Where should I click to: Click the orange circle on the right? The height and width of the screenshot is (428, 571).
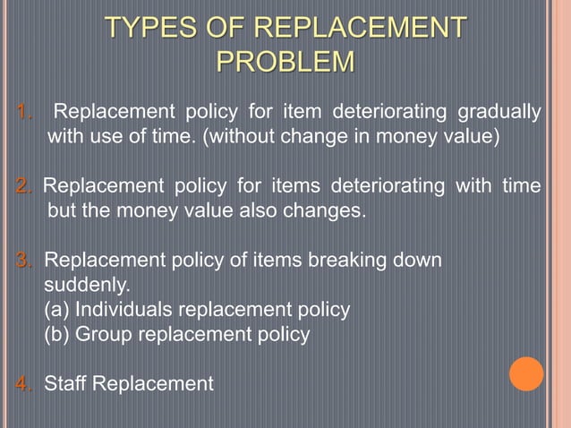coord(526,373)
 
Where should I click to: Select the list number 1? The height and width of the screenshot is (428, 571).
coord(24,113)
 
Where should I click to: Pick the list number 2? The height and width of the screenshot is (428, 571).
coord(24,186)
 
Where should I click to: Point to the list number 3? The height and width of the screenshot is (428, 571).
coord(24,261)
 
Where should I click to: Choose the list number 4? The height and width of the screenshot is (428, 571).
coord(24,384)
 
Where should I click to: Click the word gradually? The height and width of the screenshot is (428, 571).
coord(499,113)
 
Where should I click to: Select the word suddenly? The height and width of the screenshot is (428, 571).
coord(87,287)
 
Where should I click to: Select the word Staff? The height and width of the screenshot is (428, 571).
coord(66,384)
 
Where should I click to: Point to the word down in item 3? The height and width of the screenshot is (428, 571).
coord(419,261)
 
